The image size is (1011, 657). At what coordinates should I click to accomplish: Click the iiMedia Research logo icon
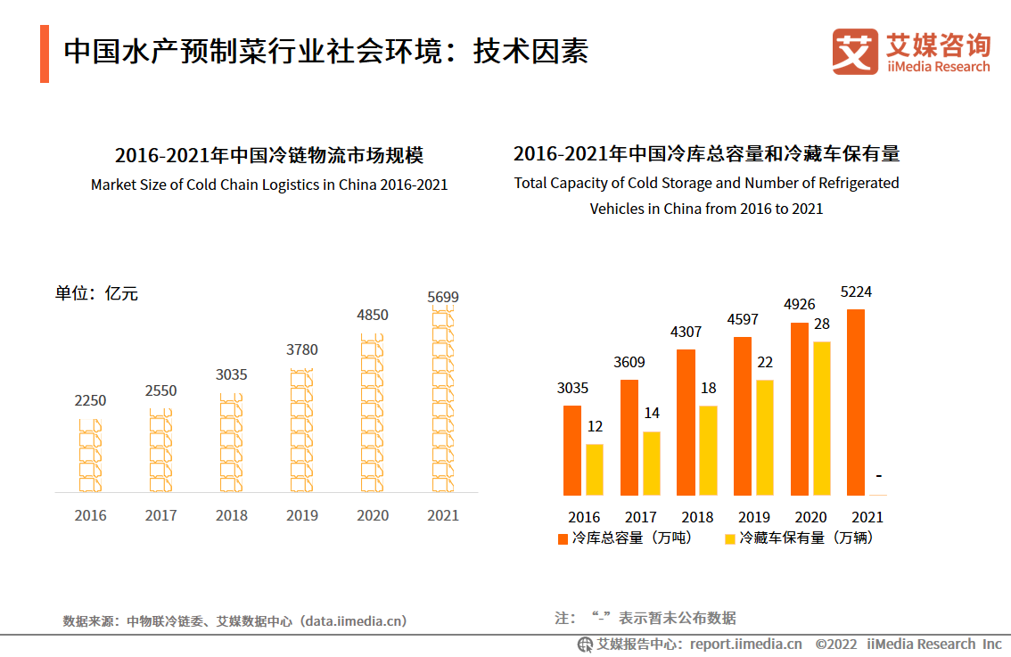[854, 52]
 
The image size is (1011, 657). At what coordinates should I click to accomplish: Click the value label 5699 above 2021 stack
[443, 297]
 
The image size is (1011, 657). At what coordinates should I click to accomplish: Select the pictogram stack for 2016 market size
[90, 455]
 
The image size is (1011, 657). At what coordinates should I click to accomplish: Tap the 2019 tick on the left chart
[302, 515]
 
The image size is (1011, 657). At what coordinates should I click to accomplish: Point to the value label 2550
[161, 390]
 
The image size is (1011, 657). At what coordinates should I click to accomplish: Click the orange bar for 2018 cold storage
[686, 422]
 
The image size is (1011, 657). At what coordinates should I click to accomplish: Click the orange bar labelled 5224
[856, 401]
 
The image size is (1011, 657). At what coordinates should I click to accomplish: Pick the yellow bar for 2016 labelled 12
[594, 469]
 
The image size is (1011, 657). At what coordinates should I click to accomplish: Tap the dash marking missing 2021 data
[878, 477]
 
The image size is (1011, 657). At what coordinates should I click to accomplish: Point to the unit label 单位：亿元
[96, 293]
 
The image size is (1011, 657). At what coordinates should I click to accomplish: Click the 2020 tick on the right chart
[810, 517]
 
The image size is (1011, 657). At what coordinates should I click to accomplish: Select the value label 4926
[799, 305]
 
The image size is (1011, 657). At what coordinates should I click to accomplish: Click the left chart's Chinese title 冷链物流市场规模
[268, 156]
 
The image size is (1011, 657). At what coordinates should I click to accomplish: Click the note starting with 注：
[645, 618]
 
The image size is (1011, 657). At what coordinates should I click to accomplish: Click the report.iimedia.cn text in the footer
[745, 644]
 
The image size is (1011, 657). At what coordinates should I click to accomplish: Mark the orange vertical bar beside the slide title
[45, 53]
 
